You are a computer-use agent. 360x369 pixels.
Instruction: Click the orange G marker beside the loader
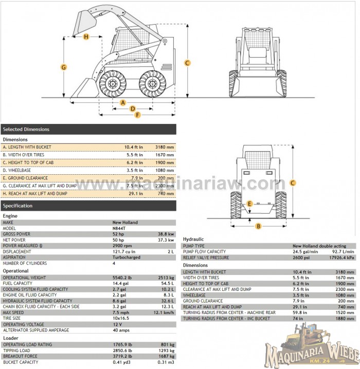click(64, 67)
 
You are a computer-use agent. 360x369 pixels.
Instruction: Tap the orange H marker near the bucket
click(86, 36)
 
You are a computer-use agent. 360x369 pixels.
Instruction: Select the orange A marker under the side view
click(123, 102)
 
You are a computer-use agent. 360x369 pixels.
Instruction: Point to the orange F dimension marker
click(137, 115)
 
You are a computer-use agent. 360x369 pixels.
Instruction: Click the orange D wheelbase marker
click(132, 108)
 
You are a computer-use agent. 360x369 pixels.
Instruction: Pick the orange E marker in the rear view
click(249, 204)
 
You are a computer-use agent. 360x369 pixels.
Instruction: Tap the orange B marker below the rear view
click(259, 226)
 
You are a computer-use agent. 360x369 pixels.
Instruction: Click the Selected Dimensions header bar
click(88, 130)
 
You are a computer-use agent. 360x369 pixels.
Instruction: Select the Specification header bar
click(88, 206)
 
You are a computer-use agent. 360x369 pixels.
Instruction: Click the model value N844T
click(118, 228)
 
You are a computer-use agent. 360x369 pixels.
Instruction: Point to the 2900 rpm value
click(121, 246)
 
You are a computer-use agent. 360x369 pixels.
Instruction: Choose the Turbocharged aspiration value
click(124, 257)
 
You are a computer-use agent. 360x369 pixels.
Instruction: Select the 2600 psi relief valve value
click(302, 257)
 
